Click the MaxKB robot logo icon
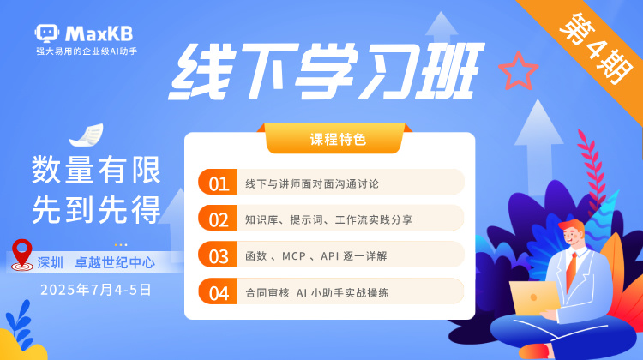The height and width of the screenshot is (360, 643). [47, 33]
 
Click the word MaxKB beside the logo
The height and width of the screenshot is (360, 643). [99, 33]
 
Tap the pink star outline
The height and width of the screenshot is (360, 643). [519, 71]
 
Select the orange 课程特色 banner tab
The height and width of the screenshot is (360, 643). [337, 139]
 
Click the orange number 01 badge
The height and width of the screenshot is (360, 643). [218, 182]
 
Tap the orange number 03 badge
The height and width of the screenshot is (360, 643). [218, 255]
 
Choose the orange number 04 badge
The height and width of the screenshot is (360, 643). [218, 291]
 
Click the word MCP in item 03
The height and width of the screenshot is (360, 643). [293, 255]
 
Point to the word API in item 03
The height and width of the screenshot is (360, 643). [330, 255]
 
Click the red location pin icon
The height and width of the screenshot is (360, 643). [21, 255]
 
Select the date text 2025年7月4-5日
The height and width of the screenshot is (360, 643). [95, 290]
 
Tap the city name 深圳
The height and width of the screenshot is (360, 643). [50, 262]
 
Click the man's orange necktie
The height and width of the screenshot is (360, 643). [571, 270]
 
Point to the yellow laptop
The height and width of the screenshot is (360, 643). [534, 297]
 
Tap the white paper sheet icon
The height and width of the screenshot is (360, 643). [87, 135]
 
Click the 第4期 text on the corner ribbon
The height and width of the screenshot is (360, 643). [596, 47]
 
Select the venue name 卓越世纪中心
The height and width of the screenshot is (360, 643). [115, 262]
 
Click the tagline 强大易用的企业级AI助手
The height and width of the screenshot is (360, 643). [87, 51]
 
